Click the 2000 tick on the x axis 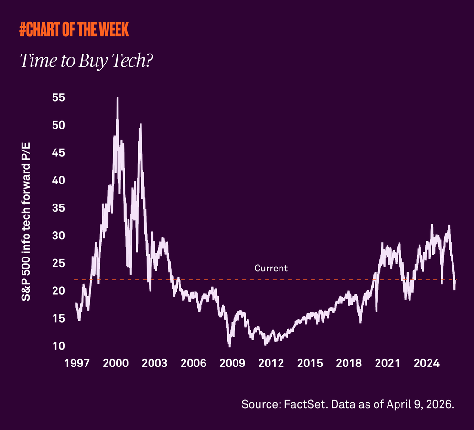(116, 364)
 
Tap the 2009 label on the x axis (232, 364)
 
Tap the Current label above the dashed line (271, 268)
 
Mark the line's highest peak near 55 (118, 98)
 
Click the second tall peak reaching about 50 (140, 125)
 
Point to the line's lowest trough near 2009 (230, 345)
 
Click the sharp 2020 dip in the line (377, 311)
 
